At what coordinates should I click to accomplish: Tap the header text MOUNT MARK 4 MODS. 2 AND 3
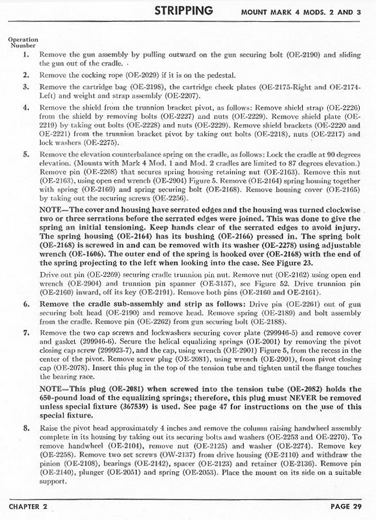(x=305, y=12)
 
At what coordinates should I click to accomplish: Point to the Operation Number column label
(x=23, y=42)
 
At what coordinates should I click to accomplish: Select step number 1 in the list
(x=26, y=55)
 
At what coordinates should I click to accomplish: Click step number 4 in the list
(x=26, y=108)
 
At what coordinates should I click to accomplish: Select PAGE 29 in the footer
(x=348, y=506)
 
